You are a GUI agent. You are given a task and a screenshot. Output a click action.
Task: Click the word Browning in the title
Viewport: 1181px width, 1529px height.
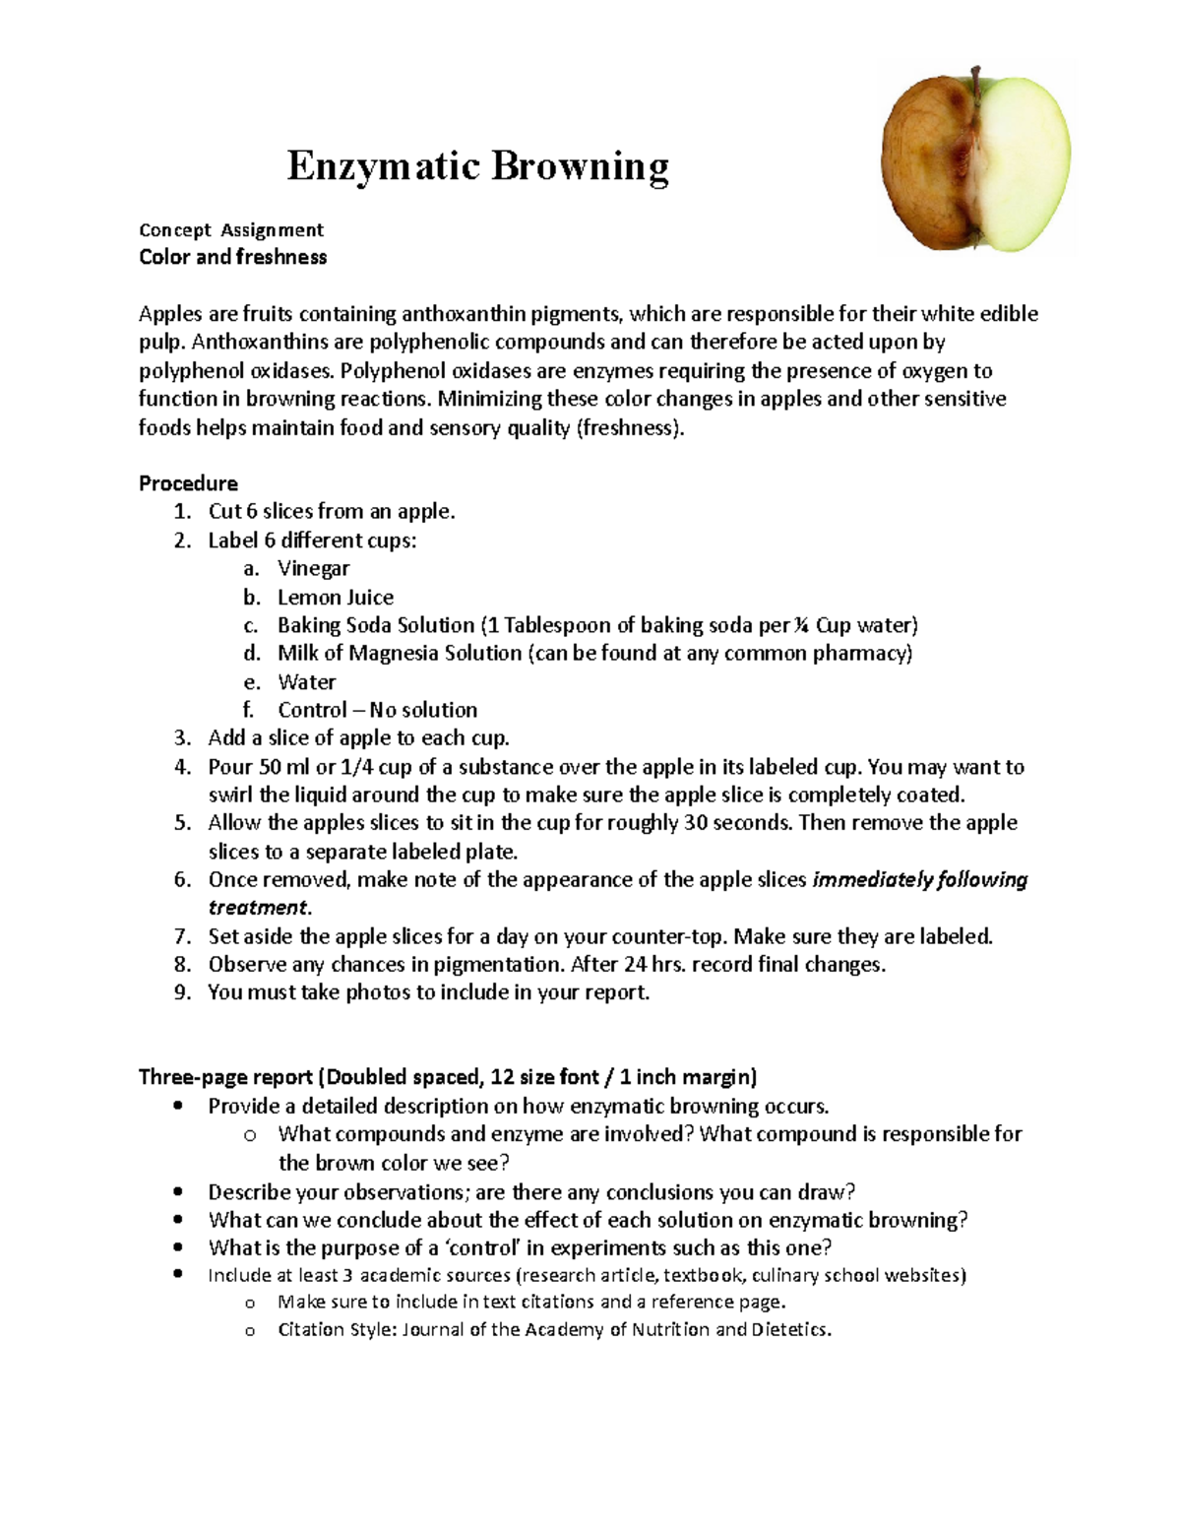(580, 166)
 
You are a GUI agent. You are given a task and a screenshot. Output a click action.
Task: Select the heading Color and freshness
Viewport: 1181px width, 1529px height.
(232, 257)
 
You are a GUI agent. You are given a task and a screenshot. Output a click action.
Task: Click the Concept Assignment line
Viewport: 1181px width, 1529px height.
(231, 229)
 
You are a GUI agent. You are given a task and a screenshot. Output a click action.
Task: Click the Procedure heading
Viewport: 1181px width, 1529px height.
(188, 483)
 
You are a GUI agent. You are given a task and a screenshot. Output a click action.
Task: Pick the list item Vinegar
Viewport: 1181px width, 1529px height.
(313, 568)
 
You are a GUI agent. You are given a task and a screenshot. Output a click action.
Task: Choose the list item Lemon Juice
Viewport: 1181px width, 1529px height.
(335, 597)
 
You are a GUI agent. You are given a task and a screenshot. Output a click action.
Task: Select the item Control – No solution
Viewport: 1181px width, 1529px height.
(377, 710)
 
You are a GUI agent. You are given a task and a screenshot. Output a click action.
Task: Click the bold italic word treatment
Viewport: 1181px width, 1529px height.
(259, 908)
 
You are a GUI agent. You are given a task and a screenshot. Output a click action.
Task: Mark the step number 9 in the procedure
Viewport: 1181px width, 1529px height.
(181, 992)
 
